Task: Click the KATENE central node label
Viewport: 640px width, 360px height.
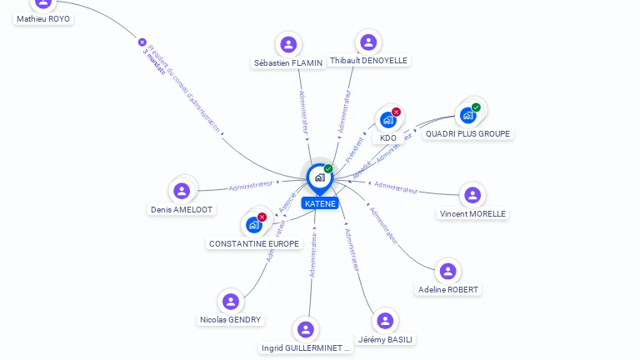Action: tap(320, 203)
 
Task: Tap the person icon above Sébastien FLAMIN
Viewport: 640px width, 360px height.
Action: tap(288, 44)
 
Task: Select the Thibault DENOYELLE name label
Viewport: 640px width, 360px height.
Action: tap(369, 61)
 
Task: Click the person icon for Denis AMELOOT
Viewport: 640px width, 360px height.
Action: tap(182, 191)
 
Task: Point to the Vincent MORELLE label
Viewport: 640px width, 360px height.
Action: tap(472, 213)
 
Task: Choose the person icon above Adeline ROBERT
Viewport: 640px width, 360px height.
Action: tap(448, 271)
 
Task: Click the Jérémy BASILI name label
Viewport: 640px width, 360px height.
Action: tap(386, 339)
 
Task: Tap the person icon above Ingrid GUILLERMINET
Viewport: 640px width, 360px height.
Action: tap(306, 329)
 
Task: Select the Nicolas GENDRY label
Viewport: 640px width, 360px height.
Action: tap(231, 319)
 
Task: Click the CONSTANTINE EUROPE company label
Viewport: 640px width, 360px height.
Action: tap(254, 243)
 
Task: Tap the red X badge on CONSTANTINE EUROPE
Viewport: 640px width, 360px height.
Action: tap(262, 217)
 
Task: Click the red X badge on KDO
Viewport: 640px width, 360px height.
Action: tap(397, 112)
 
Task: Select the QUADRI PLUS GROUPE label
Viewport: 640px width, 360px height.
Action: tap(468, 133)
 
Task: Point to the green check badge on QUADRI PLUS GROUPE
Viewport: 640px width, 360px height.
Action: tap(476, 107)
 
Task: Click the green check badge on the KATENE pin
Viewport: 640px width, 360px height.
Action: tap(328, 168)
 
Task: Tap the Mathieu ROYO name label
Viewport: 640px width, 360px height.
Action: tap(43, 18)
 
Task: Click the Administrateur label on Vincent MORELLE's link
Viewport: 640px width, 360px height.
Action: tap(396, 187)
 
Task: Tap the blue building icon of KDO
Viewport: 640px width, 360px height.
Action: tap(387, 120)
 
